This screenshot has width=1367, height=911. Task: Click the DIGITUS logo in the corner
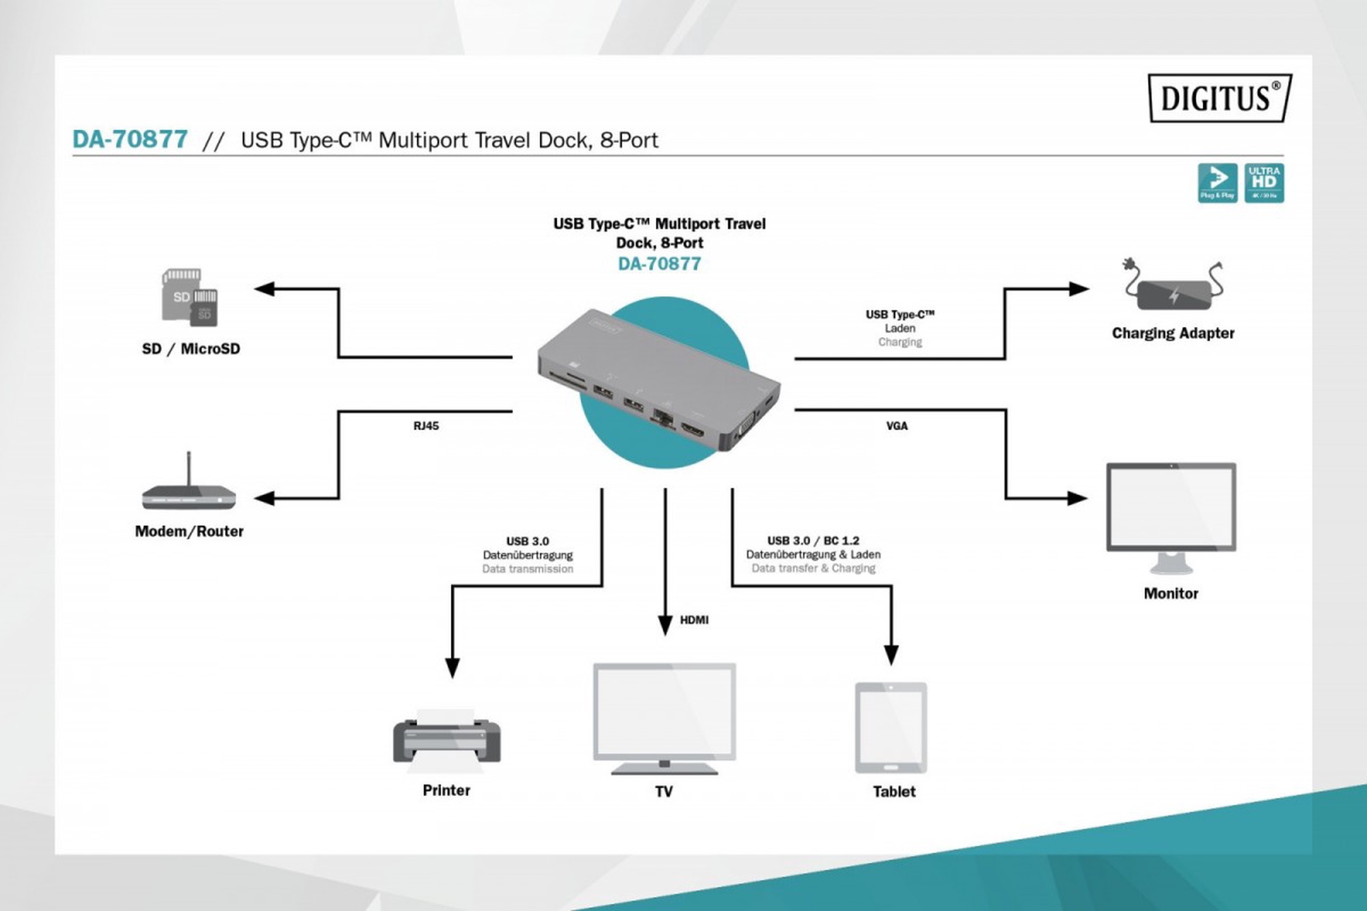(1220, 98)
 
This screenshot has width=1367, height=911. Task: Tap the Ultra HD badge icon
(1264, 183)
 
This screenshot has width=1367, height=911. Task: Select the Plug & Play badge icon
(1217, 183)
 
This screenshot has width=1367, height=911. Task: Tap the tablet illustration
(891, 728)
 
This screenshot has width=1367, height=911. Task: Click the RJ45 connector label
(426, 426)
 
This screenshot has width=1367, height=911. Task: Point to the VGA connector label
(897, 426)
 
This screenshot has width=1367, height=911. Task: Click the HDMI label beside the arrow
(694, 620)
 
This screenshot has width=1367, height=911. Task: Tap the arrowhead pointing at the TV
(665, 625)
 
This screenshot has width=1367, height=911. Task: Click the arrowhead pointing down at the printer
(452, 667)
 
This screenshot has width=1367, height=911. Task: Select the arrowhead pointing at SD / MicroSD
(265, 289)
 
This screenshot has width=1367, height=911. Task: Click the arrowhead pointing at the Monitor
(1077, 499)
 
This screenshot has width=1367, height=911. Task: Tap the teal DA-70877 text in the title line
(130, 140)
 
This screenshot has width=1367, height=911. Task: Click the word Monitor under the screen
(1171, 594)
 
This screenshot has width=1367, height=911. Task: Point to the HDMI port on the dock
(692, 430)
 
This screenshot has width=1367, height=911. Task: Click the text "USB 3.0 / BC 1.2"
(813, 540)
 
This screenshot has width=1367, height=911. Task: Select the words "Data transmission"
(527, 569)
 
